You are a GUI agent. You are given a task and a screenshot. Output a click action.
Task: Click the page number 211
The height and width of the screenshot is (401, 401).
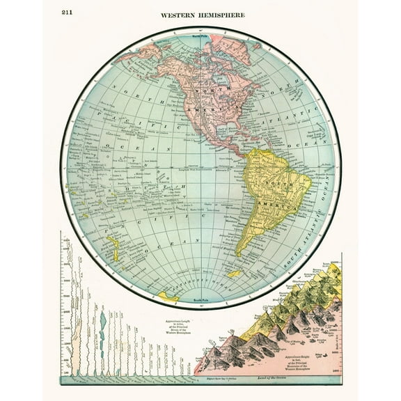pos(68,13)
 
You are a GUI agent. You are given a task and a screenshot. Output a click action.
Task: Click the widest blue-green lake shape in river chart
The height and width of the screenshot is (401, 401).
pos(103,324)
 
